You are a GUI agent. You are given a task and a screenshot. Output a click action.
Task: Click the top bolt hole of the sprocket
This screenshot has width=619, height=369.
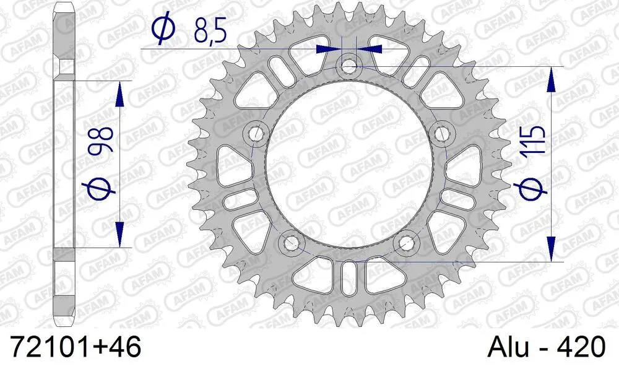pos(349,64)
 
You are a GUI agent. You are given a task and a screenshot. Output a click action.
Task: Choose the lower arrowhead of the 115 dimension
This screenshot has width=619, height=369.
pos(550,251)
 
